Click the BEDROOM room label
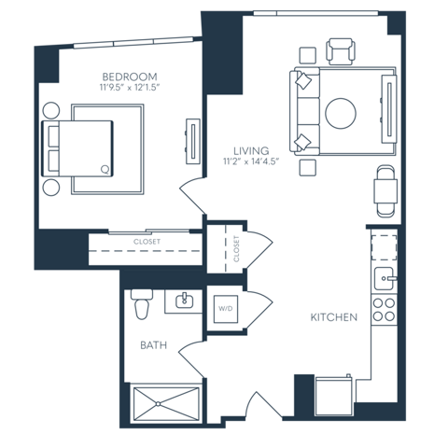coord(130,77)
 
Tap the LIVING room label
coord(251,151)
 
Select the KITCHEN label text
coord(334,317)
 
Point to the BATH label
coord(154,345)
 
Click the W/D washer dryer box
coord(226,309)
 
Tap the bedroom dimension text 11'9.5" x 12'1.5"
coord(130,88)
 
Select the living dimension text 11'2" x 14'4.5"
coord(251,161)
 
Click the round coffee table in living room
coord(341,113)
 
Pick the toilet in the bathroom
coord(142,304)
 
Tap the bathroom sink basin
coord(185,301)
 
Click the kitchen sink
coord(385,278)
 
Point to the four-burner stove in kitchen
coord(385,310)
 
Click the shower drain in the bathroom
coord(159,404)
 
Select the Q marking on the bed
coord(105,170)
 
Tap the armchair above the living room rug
coord(341,51)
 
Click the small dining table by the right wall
coord(385,191)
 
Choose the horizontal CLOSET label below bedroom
coord(147,242)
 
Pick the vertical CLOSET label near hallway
coord(236,249)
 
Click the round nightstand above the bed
coord(51,110)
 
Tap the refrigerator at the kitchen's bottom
coord(333,396)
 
